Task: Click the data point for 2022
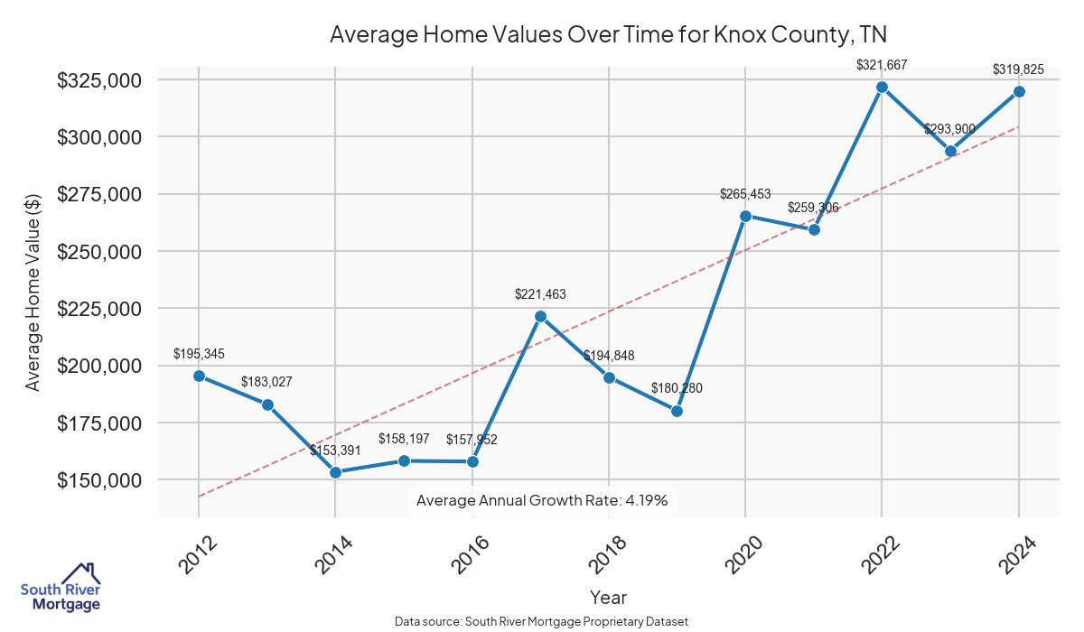[x=882, y=87]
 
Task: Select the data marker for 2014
[x=335, y=472]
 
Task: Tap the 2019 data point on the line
[x=677, y=411]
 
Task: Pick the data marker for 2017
[x=540, y=316]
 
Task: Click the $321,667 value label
[x=882, y=65]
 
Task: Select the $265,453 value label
[x=745, y=194]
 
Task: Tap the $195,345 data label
[x=199, y=353]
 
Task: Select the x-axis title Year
[x=608, y=597]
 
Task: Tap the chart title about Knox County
[x=608, y=35]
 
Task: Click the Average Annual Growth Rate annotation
[x=542, y=500]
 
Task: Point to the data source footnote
[x=542, y=622]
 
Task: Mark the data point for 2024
[x=1019, y=91]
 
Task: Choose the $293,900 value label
[x=949, y=129]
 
